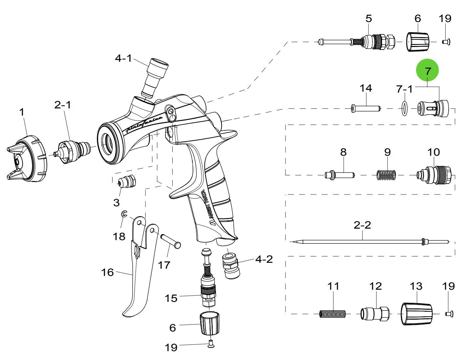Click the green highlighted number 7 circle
point(427,70)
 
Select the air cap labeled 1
point(28,160)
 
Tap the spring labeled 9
point(386,175)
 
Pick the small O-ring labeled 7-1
point(405,108)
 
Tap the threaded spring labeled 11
point(332,314)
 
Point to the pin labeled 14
point(366,108)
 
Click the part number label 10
point(434,152)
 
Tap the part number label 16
point(107,272)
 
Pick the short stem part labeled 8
point(340,175)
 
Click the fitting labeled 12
point(375,314)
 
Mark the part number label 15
point(171,298)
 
